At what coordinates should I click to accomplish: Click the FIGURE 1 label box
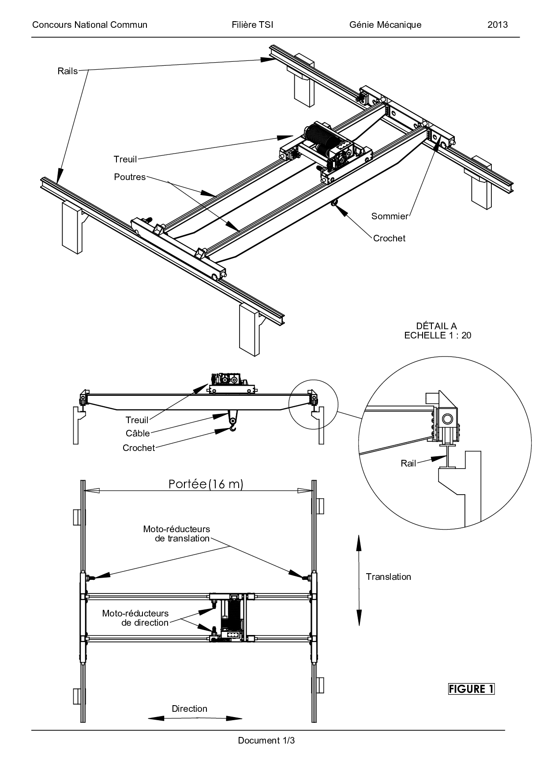471,689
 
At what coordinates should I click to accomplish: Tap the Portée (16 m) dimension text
206,484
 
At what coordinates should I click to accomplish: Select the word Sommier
390,216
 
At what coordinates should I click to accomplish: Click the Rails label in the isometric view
67,71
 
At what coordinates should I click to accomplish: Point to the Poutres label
130,177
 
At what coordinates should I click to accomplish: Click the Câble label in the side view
138,433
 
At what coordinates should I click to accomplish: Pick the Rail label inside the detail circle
408,463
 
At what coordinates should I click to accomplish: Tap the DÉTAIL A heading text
436,326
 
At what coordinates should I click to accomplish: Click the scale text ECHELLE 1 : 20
438,335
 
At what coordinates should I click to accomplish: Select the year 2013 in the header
497,25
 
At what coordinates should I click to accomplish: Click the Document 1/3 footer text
266,740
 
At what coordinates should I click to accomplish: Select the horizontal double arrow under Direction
195,718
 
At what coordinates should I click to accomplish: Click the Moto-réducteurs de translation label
176,534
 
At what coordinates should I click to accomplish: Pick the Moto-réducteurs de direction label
135,618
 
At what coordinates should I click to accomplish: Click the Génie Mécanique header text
385,25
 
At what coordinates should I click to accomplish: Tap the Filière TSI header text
252,25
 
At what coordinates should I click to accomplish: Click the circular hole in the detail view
447,418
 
